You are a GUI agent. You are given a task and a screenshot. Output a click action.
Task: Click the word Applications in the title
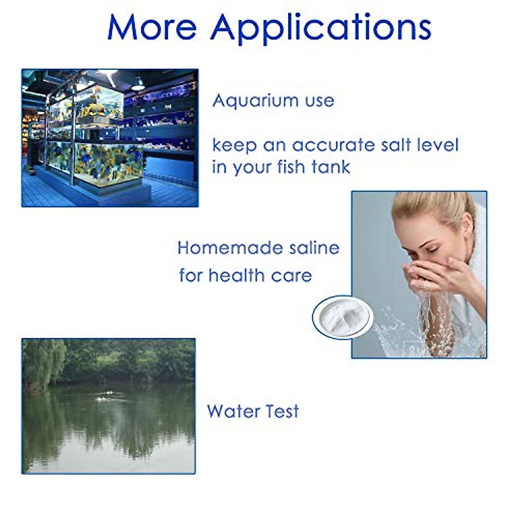pos(321,28)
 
